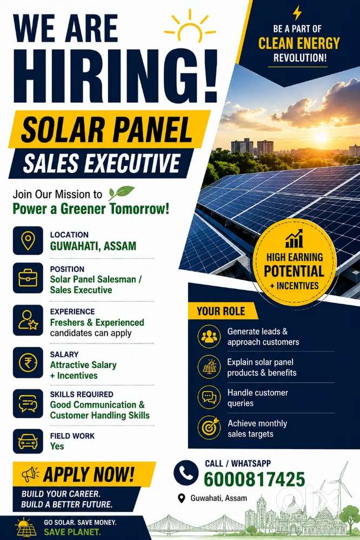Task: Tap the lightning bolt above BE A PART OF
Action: [x=297, y=13]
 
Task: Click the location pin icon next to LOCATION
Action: [x=28, y=241]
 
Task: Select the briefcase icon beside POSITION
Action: [x=28, y=278]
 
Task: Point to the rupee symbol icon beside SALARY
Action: [x=28, y=363]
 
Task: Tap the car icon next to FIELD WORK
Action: [x=28, y=442]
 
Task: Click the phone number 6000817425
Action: [x=254, y=479]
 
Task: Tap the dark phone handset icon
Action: [x=186, y=473]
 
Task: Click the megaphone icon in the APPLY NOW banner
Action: [x=30, y=474]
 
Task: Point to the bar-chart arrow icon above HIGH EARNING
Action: [x=294, y=238]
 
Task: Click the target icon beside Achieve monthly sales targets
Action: [x=209, y=428]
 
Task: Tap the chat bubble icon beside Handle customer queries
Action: [x=209, y=397]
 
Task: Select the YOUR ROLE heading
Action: [x=221, y=311]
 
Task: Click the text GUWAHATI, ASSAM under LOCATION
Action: [x=93, y=246]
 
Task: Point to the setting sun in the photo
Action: [x=321, y=137]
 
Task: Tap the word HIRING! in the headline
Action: [x=116, y=77]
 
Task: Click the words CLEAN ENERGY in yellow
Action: [x=299, y=43]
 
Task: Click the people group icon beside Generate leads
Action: [x=209, y=336]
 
